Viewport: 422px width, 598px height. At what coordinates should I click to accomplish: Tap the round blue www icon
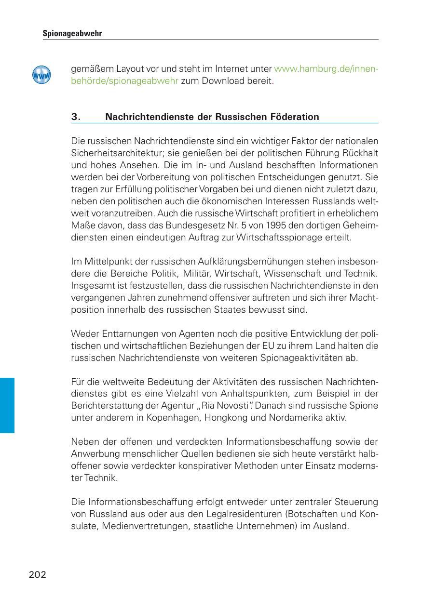coord(41,75)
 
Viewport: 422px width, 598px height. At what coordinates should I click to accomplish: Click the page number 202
coord(38,574)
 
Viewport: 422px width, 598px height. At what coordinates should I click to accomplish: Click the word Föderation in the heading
coord(294,117)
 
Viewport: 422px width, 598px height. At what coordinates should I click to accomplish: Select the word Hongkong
coord(227,417)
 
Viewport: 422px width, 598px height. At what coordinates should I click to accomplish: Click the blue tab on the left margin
coord(7,405)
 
